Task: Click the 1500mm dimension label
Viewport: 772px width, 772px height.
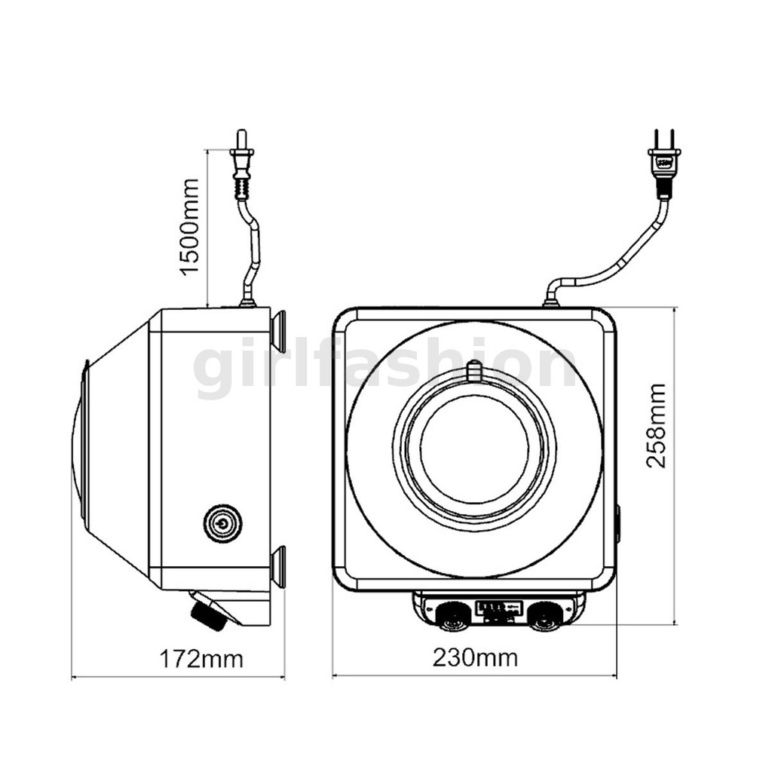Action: tap(189, 227)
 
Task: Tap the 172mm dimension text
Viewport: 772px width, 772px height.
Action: tap(201, 659)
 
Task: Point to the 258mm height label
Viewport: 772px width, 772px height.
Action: tap(657, 425)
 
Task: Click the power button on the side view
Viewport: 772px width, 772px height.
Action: tap(222, 523)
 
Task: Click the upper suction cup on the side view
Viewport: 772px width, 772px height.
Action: tap(279, 331)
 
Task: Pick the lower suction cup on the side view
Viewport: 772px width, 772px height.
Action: tap(279, 567)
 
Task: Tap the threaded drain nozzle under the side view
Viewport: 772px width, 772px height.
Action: tap(208, 611)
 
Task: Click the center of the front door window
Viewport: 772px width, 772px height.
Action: tap(475, 449)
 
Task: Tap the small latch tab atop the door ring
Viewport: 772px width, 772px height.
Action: tap(473, 371)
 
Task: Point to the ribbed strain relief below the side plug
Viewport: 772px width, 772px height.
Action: tap(242, 188)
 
